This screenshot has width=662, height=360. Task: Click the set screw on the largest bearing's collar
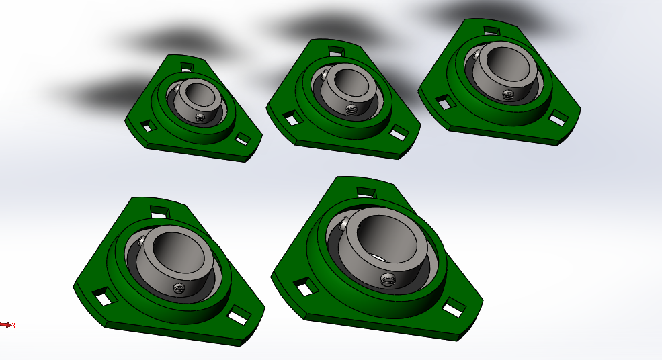pos(387,279)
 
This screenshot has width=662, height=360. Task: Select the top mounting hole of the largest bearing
pos(366,193)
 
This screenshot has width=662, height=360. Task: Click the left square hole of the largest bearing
pos(305,287)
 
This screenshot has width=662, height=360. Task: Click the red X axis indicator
pos(7,325)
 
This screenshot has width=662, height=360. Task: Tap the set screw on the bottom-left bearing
pos(179,288)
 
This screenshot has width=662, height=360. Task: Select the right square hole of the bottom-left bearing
pos(238,316)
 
